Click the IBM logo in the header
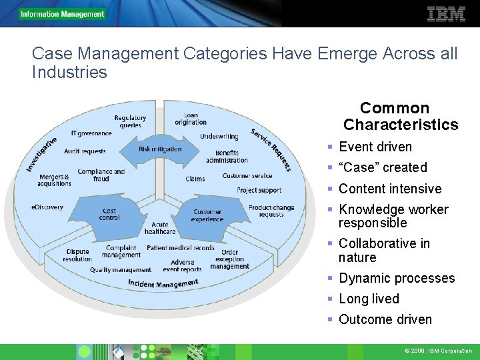coord(446,14)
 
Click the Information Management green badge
coord(63,14)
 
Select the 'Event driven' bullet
coord(375,147)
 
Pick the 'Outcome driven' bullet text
coord(385,319)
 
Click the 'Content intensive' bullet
coord(389,189)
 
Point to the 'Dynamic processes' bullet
coord(396,278)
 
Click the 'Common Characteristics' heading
coord(400,116)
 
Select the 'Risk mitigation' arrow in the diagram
coord(160,149)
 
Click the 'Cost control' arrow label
coord(109,214)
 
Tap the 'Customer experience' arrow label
coord(207,215)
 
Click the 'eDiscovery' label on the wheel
coord(47,207)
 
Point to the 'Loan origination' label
coord(191,119)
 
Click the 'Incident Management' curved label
coord(163,284)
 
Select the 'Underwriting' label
coord(219,137)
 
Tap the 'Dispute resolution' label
coord(77,255)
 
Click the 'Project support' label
coord(259,191)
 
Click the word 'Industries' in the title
coord(69,72)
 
